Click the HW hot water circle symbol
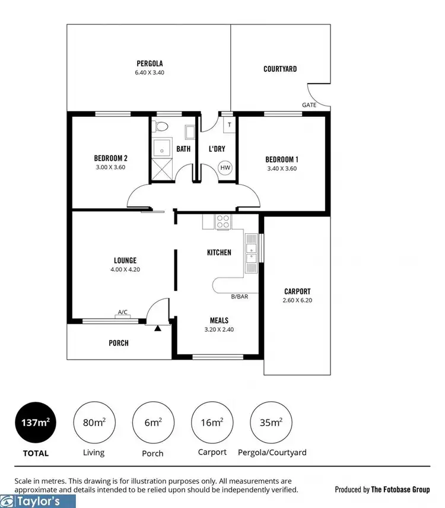(225, 168)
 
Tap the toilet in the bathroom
(160, 126)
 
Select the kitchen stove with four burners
(223, 221)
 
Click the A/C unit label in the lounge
(123, 312)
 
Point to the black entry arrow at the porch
(157, 328)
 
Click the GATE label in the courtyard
(309, 104)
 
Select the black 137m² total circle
(36, 423)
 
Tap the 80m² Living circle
(93, 423)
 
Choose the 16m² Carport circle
(212, 423)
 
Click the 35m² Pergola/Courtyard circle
(271, 423)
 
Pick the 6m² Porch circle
(152, 423)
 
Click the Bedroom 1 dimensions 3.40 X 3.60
(281, 168)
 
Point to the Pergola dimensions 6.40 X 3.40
(150, 73)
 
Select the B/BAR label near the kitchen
(239, 296)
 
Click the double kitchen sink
(251, 253)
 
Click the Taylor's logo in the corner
(38, 501)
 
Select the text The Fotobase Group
(401, 490)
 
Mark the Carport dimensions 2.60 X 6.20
(297, 301)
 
